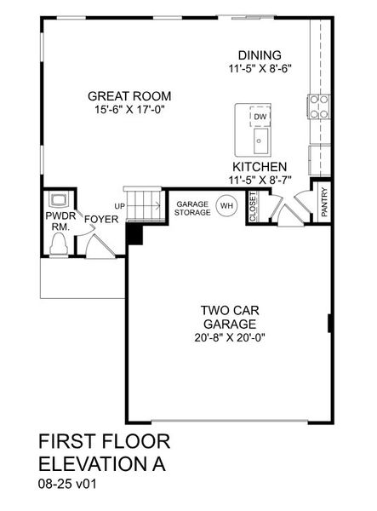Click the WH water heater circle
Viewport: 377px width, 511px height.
(x=226, y=206)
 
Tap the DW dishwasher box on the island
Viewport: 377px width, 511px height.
(x=260, y=117)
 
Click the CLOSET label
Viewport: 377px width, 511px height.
(x=253, y=208)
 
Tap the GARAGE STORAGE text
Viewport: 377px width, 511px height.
(x=193, y=208)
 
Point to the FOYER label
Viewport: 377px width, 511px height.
(x=100, y=219)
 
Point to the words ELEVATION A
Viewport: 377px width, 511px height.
(x=101, y=465)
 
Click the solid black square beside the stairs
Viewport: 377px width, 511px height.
(x=134, y=233)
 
